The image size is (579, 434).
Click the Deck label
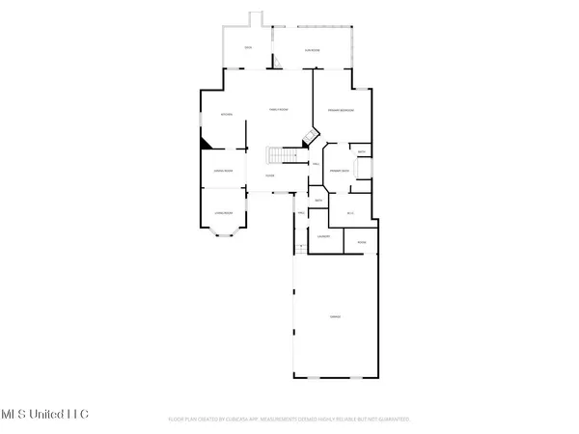(x=248, y=47)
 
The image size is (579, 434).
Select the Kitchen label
(x=227, y=114)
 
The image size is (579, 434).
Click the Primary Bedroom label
(x=340, y=112)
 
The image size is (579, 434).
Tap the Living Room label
(x=224, y=212)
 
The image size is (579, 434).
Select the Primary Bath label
(x=338, y=170)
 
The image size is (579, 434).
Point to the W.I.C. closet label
(x=351, y=212)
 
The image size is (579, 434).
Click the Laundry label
(x=324, y=236)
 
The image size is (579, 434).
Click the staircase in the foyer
(x=279, y=155)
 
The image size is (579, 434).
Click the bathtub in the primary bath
(x=365, y=170)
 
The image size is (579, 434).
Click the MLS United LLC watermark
(x=44, y=414)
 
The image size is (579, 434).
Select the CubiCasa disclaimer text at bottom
(x=289, y=420)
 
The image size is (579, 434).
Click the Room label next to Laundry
(x=361, y=242)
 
